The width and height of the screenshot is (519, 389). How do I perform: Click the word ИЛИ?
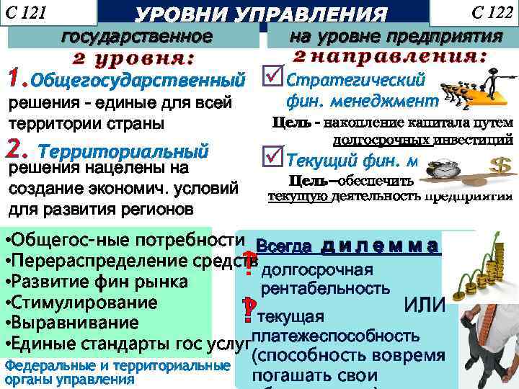[x=425, y=307]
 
